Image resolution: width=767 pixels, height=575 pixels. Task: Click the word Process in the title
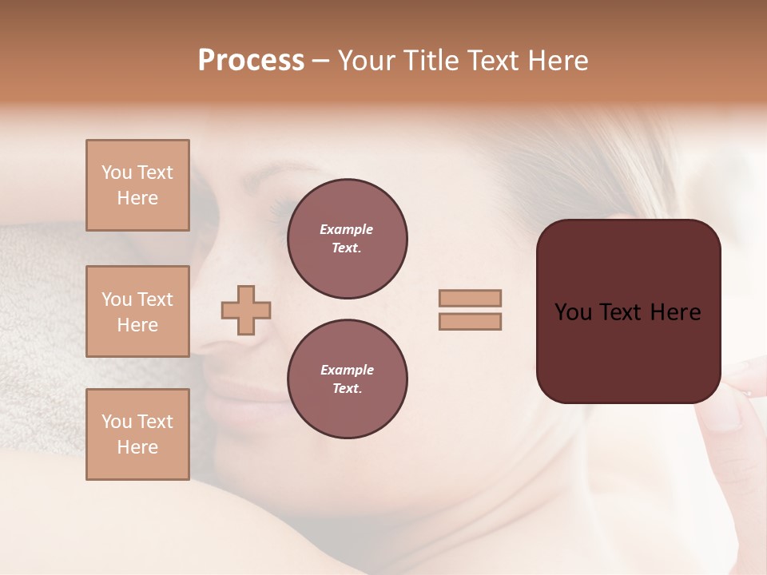tap(251, 61)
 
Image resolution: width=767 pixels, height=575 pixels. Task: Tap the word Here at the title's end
tap(557, 61)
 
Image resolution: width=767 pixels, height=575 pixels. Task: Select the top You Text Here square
tap(137, 185)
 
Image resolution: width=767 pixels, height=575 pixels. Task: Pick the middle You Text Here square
tap(137, 311)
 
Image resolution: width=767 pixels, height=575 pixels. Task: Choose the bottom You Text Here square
tap(137, 434)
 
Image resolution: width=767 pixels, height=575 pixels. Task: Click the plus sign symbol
tap(246, 310)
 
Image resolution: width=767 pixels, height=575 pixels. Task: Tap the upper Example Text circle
tap(348, 239)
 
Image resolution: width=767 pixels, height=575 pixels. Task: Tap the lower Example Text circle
tap(348, 379)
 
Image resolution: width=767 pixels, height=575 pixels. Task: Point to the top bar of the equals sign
tap(470, 298)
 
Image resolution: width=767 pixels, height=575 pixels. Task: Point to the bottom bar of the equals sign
tap(470, 321)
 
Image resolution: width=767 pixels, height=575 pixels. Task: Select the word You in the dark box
tap(572, 312)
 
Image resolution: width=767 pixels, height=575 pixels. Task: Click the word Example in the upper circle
tap(346, 230)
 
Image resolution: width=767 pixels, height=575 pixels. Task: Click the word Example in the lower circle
tap(347, 371)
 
